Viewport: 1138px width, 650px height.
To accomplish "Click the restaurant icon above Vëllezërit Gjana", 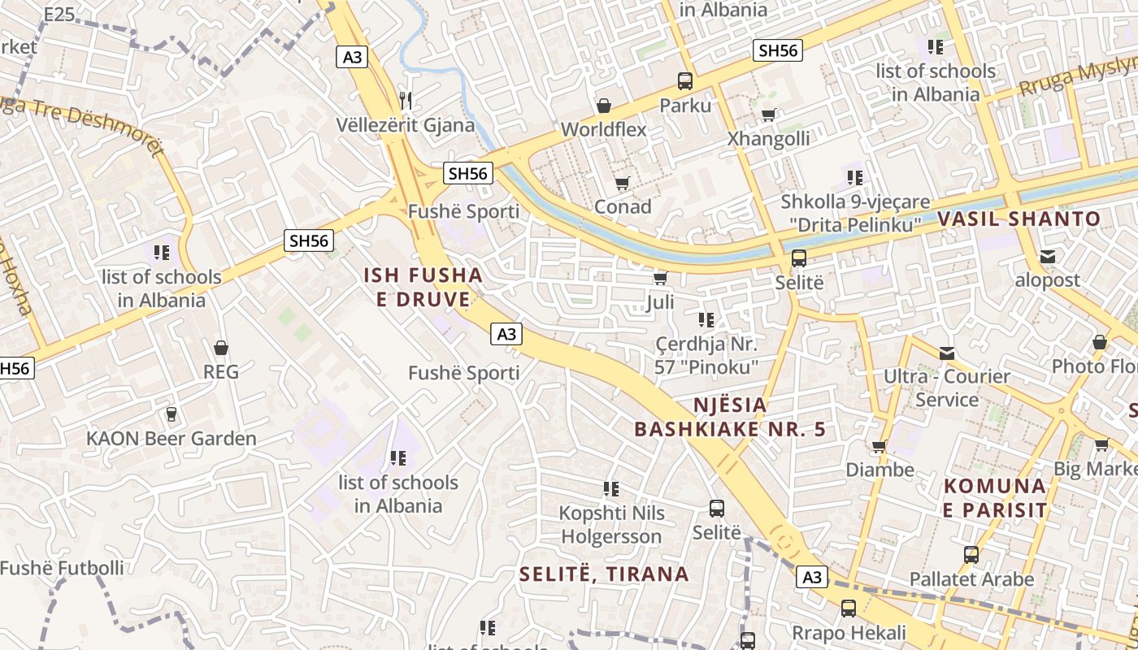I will pos(406,100).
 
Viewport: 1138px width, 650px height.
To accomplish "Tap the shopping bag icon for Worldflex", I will pos(604,106).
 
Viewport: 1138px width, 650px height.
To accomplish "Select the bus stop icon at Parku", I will pos(685,81).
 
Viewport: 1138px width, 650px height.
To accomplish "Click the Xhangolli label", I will pos(768,139).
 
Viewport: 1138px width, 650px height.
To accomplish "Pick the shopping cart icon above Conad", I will pos(623,184).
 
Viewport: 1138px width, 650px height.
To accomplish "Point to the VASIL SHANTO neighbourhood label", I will pos(1019,219).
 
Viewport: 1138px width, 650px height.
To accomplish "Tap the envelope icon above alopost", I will pos(1048,257).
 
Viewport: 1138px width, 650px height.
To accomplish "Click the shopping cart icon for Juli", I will pos(660,279).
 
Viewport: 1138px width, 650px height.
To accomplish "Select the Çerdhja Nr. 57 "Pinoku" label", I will pos(706,356).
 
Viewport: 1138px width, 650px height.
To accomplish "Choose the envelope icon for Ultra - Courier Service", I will pos(947,353).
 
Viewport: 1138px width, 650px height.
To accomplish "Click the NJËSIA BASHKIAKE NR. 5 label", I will pos(730,417).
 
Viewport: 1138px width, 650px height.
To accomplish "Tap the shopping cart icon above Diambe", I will pos(879,446).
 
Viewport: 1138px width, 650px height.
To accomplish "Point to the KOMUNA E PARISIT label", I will pos(995,498).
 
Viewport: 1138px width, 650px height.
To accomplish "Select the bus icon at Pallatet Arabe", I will pos(971,555).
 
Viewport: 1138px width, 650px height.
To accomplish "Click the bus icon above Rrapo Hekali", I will pos(849,608).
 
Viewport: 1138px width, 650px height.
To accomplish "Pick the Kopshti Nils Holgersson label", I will pos(612,525).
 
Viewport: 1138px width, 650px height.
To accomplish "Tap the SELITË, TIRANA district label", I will pos(604,574).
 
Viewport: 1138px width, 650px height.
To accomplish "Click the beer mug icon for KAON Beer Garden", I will pos(171,414).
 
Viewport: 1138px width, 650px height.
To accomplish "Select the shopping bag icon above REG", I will pos(220,349).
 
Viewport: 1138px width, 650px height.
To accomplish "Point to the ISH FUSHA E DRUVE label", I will pos(423,288).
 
